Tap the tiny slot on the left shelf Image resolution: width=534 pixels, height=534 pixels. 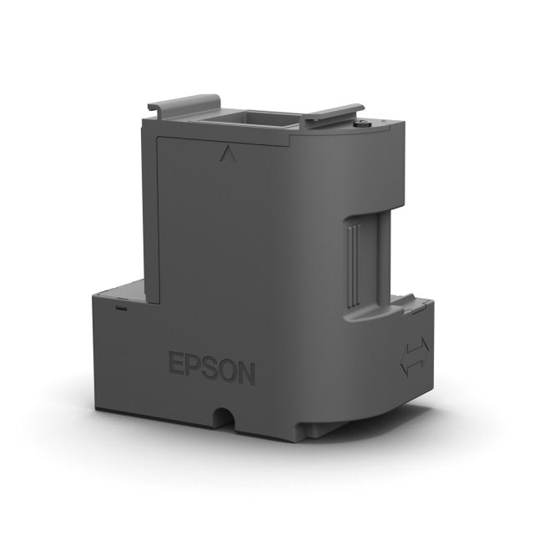coord(122,307)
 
